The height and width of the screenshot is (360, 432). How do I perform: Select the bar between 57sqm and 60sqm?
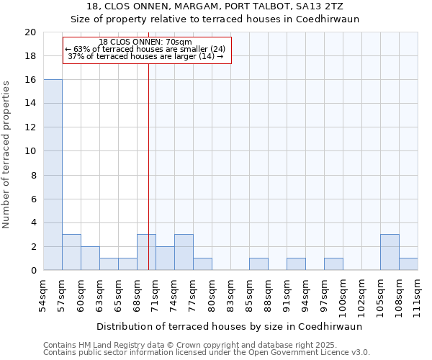tap(71, 252)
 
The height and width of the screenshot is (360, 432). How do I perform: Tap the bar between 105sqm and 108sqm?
tap(390, 252)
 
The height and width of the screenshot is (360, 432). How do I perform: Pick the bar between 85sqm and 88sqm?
tap(258, 264)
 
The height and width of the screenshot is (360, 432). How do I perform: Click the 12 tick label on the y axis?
tap(30, 127)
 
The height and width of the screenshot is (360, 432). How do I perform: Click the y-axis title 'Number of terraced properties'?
tap(6, 155)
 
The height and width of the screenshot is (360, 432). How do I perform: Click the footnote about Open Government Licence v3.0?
tap(207, 352)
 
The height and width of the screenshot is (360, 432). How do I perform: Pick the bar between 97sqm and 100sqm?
tap(333, 264)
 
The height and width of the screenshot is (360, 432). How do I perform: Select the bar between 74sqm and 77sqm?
tap(184, 252)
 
